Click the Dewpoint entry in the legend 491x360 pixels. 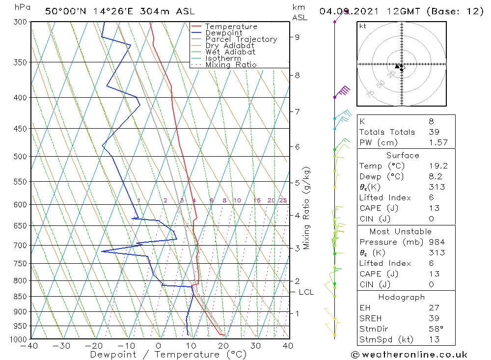click(x=223, y=33)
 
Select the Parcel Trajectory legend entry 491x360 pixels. click(x=241, y=39)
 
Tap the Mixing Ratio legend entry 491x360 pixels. click(x=231, y=65)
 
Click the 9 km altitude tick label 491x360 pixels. click(x=297, y=37)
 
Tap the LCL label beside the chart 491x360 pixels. click(x=306, y=292)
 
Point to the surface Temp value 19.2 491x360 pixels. click(x=436, y=166)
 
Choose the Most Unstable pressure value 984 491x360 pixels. click(x=436, y=242)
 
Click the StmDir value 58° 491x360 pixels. click(x=435, y=329)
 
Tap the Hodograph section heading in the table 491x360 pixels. click(x=402, y=297)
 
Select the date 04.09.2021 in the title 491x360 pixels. click(x=352, y=11)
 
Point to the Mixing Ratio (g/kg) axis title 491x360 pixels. click(x=307, y=208)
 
